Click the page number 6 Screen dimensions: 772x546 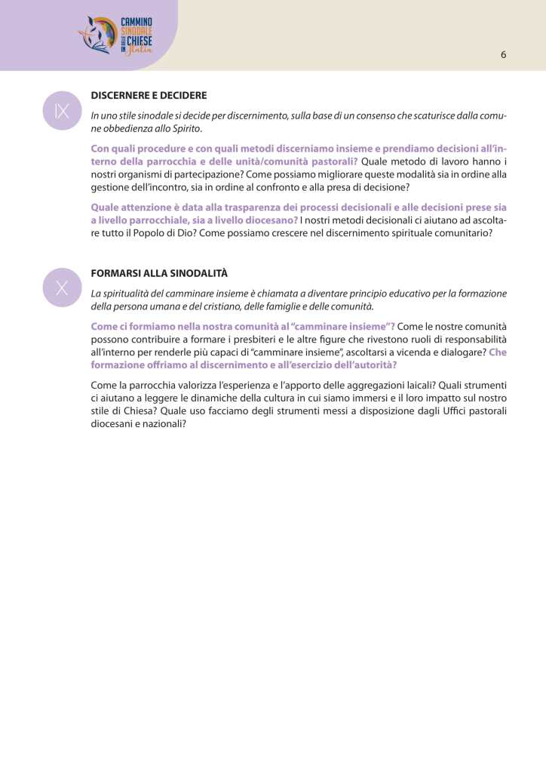(503, 54)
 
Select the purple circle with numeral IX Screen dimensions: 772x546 (62, 111)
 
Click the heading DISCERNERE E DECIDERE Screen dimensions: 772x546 (149, 96)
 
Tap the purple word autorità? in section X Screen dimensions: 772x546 (371, 364)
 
